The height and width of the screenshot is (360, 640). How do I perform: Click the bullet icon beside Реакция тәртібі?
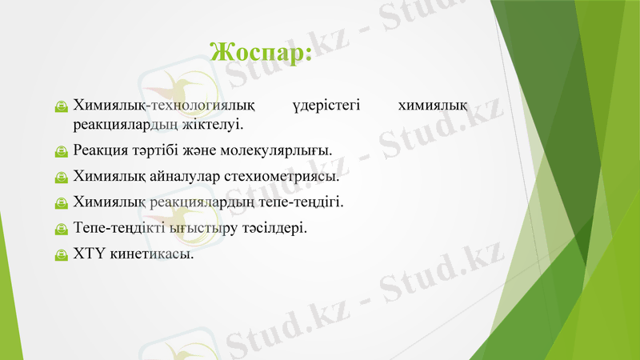click(x=61, y=150)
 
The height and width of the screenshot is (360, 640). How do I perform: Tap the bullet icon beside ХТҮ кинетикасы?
click(x=61, y=254)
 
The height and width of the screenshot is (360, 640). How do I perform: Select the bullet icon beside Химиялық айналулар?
click(x=61, y=176)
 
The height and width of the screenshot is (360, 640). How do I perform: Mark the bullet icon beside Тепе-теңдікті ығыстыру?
click(x=61, y=228)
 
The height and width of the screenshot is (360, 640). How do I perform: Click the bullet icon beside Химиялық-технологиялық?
click(x=61, y=106)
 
